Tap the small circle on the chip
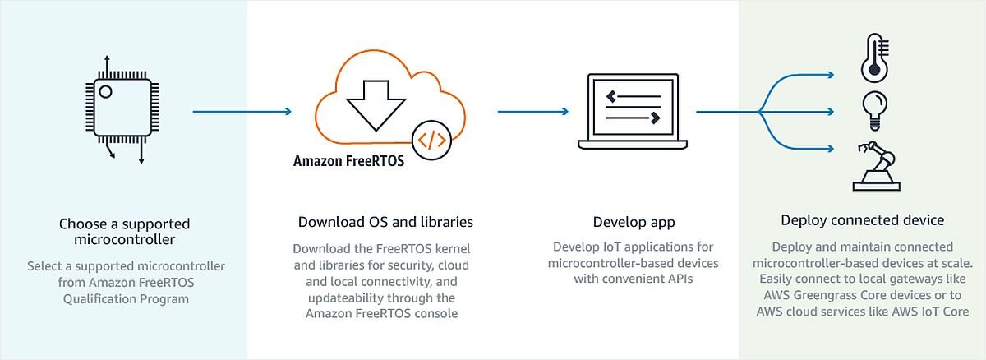pos(105,91)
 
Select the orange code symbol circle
pos(431,140)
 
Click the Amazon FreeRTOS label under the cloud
pos(348,161)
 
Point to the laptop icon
pos(633,111)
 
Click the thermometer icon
pos(874,58)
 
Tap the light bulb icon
pos(874,110)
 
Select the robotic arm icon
pos(876,166)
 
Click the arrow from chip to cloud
pos(242,112)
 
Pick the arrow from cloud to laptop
pos(533,112)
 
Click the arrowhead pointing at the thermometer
pos(831,75)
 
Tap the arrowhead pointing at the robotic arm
pos(831,150)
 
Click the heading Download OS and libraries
pos(385,222)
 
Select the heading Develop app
pos(634,222)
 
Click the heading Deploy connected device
pos(862,220)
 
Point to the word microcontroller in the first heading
pos(125,239)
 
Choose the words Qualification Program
pos(126,299)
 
